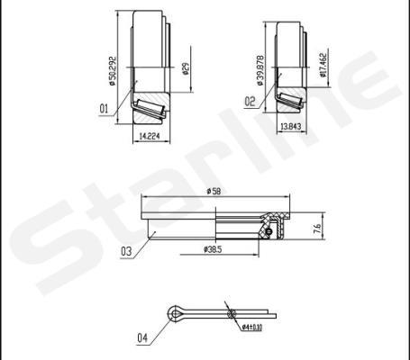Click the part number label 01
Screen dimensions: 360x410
[x=104, y=109]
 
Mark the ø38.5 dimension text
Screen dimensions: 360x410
[x=213, y=248]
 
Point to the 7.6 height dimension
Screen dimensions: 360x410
[x=317, y=229]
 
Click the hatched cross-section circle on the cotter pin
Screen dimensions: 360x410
[x=232, y=314]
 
